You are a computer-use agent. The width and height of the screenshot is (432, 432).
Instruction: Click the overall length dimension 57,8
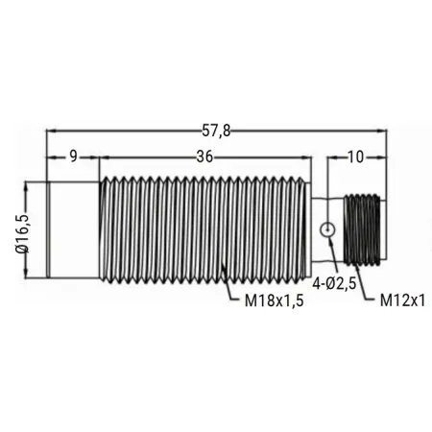(x=216, y=131)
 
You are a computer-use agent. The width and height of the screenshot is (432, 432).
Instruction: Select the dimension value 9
(x=74, y=156)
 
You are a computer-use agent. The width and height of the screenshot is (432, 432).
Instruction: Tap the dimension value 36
(x=204, y=156)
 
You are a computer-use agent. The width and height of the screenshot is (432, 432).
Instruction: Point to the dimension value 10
(x=355, y=156)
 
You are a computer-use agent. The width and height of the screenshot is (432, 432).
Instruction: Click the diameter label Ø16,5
(x=22, y=233)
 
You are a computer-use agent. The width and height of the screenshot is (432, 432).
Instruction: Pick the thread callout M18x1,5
(x=274, y=300)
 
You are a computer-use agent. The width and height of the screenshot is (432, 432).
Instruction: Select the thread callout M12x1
(x=402, y=300)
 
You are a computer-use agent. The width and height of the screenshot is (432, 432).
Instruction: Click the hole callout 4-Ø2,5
(x=334, y=284)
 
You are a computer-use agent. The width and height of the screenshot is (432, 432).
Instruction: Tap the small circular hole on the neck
(x=327, y=229)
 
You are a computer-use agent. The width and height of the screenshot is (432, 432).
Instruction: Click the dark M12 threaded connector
(x=362, y=229)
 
